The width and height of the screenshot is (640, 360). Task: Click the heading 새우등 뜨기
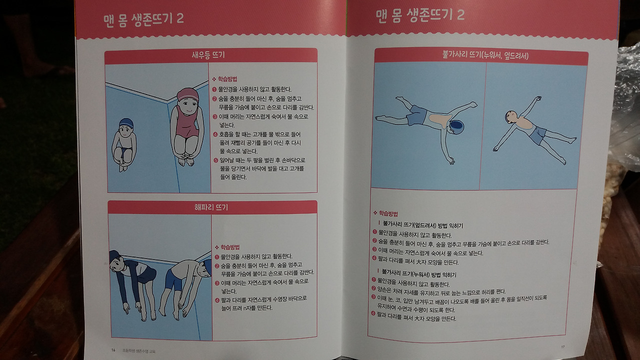(208, 55)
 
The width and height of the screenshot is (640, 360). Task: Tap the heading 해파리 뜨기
(211, 207)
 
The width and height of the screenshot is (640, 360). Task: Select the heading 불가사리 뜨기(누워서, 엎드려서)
(485, 55)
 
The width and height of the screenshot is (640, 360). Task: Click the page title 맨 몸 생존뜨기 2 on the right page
(420, 15)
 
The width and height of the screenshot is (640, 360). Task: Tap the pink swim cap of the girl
(187, 94)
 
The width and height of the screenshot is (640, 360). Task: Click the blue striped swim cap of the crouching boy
(126, 123)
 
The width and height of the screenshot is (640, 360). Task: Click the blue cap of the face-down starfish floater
(456, 127)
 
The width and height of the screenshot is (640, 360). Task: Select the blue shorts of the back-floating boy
(537, 135)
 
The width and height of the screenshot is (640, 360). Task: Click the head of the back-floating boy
(511, 116)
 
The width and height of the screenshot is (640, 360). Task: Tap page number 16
(113, 350)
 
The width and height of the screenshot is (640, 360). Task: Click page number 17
(562, 347)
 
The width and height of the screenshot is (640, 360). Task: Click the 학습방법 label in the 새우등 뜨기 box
(227, 79)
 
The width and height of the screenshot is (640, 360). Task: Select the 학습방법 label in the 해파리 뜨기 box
(230, 247)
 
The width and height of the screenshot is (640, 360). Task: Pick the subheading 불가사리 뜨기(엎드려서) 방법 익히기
(423, 225)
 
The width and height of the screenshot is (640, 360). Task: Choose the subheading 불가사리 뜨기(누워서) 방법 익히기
(419, 274)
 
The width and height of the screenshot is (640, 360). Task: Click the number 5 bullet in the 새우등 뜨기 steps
(215, 160)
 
